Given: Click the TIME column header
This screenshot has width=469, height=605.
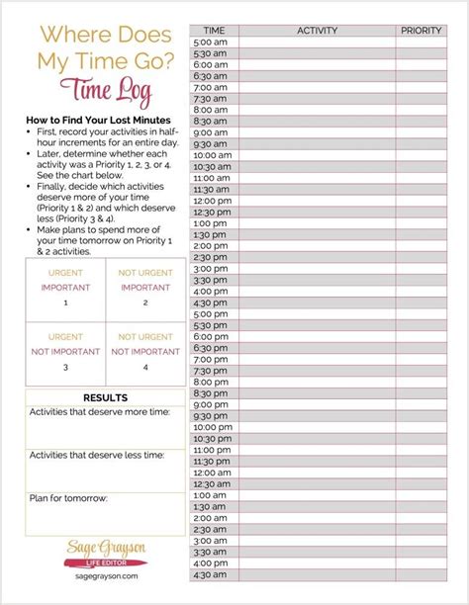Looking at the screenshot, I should [x=213, y=31].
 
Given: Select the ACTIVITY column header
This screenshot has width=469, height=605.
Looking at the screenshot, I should [x=317, y=31].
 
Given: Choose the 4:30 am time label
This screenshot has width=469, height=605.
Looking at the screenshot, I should [x=211, y=573].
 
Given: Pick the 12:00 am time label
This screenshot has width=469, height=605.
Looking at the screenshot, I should [x=212, y=472].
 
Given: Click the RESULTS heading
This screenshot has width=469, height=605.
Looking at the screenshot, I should [x=104, y=397].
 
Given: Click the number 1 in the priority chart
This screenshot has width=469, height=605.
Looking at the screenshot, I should [x=65, y=303].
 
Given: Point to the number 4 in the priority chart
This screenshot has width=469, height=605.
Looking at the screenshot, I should [x=144, y=367].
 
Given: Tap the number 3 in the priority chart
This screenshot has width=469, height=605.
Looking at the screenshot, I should [x=65, y=367].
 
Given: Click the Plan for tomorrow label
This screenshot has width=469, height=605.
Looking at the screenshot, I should [x=68, y=497].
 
